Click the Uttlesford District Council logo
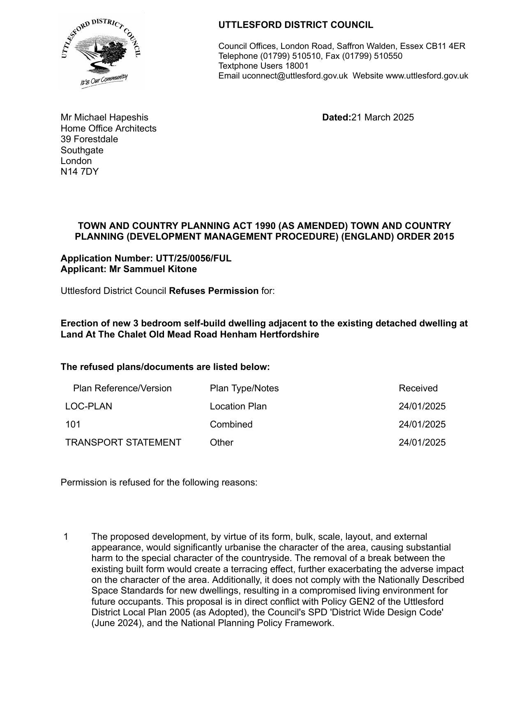[101, 51]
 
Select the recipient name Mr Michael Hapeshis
[104, 118]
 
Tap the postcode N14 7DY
[80, 171]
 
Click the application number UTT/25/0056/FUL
[193, 258]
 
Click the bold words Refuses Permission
[214, 291]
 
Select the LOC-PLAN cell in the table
[89, 406]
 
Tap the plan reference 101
[73, 424]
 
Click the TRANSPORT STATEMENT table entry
[123, 442]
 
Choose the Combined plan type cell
[231, 424]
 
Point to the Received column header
[418, 388]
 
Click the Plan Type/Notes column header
[244, 388]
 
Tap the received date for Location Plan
[422, 406]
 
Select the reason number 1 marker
[66, 536]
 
